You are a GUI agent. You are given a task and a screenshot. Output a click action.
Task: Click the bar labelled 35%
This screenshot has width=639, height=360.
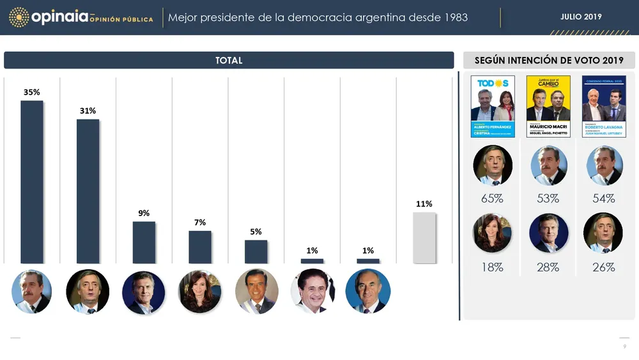point(32,182)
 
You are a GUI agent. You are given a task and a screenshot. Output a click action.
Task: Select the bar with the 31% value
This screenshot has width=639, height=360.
point(88,191)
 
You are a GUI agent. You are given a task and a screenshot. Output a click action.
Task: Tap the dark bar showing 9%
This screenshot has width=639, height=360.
point(144,242)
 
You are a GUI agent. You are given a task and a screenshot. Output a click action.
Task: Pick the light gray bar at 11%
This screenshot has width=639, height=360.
point(424,238)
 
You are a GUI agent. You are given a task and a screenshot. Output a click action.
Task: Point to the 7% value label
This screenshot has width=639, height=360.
point(200,223)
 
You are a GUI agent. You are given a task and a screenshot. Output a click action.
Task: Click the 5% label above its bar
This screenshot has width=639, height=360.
point(256,232)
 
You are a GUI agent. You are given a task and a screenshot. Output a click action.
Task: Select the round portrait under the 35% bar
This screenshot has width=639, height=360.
point(31,292)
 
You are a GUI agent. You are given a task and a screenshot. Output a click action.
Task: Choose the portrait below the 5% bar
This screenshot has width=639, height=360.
point(256,292)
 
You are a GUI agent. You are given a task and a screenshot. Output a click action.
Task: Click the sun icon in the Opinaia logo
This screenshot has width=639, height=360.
point(19,17)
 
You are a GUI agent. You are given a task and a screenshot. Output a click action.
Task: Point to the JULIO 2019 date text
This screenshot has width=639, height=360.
point(581,17)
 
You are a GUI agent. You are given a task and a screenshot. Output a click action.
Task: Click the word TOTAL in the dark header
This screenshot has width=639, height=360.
point(229,61)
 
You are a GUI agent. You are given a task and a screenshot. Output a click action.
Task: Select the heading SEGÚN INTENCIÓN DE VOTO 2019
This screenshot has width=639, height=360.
point(549,61)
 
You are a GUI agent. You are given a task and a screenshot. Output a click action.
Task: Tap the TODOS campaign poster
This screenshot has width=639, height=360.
point(493,106)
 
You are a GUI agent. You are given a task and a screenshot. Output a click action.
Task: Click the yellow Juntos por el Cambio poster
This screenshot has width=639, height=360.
point(548,106)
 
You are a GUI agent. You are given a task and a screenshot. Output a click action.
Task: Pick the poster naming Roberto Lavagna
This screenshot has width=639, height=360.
point(604,106)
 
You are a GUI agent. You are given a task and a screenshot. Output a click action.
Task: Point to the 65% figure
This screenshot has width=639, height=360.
point(492,199)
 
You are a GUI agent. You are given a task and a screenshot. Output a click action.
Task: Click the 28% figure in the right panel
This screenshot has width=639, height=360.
point(548,267)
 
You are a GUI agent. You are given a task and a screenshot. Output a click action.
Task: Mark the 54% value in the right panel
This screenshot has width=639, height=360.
point(604,199)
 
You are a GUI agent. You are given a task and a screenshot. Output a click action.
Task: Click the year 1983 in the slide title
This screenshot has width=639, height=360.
point(455,17)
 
